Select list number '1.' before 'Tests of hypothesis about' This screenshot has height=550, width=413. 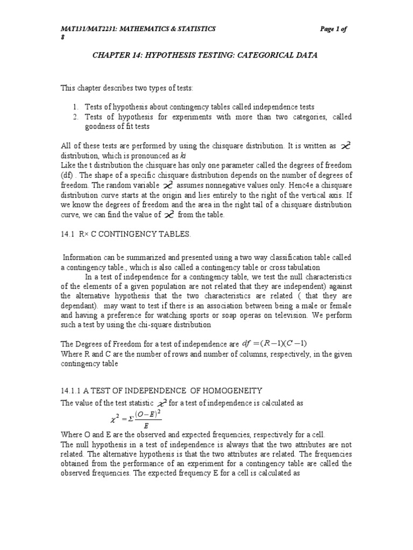coord(76,107)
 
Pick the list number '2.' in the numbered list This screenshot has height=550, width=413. coord(76,117)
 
